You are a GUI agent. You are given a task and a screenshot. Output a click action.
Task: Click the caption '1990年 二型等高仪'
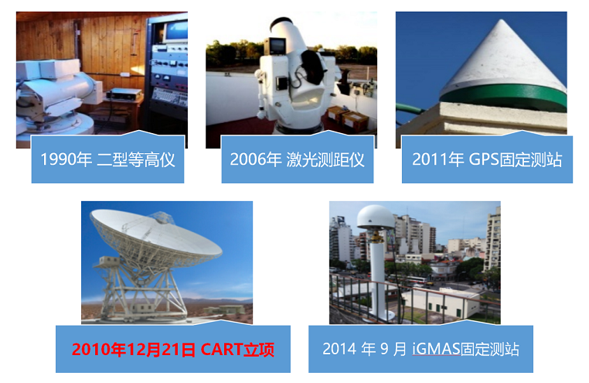pos(107,159)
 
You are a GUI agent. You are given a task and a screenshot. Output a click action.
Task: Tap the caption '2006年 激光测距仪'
pos(297,159)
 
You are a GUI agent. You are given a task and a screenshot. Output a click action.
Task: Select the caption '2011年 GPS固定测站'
pos(487,159)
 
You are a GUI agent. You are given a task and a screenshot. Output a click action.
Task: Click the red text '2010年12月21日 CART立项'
pos(173,349)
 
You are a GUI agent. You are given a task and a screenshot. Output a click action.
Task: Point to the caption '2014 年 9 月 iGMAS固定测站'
pos(420,349)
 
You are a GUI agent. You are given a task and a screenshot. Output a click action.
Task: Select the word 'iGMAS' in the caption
pos(436,349)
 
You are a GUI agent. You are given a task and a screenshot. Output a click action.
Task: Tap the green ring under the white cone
pos(503,97)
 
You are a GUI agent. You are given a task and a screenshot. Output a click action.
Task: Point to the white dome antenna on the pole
pos(376,217)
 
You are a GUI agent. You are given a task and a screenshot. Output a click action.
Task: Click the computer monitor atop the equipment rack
pos(175,31)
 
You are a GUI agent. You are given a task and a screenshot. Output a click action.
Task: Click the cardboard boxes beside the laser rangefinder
pos(348,118)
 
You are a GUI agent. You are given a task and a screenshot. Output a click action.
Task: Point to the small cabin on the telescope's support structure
pos(109,262)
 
